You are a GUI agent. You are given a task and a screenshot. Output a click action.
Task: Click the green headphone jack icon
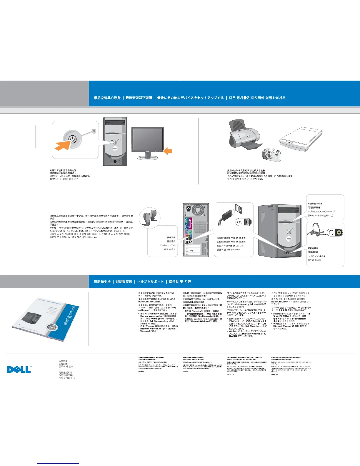point(339,233)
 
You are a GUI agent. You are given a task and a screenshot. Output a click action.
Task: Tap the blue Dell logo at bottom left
point(19,369)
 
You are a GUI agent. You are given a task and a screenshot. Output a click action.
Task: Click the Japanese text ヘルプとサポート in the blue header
point(150,282)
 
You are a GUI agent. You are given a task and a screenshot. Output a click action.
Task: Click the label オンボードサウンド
point(167,245)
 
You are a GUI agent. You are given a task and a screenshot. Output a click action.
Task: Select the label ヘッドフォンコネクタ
point(316,256)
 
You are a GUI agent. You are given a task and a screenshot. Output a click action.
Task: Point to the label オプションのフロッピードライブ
point(321,211)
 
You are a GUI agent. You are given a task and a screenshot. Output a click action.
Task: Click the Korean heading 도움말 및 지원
point(180,282)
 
